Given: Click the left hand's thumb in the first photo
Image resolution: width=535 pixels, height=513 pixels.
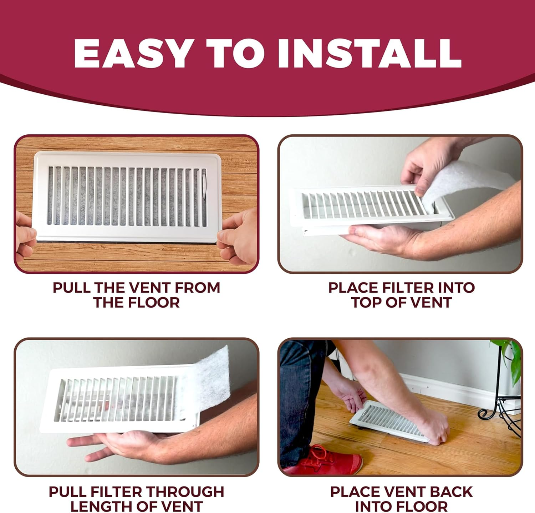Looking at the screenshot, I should click(x=27, y=234).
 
